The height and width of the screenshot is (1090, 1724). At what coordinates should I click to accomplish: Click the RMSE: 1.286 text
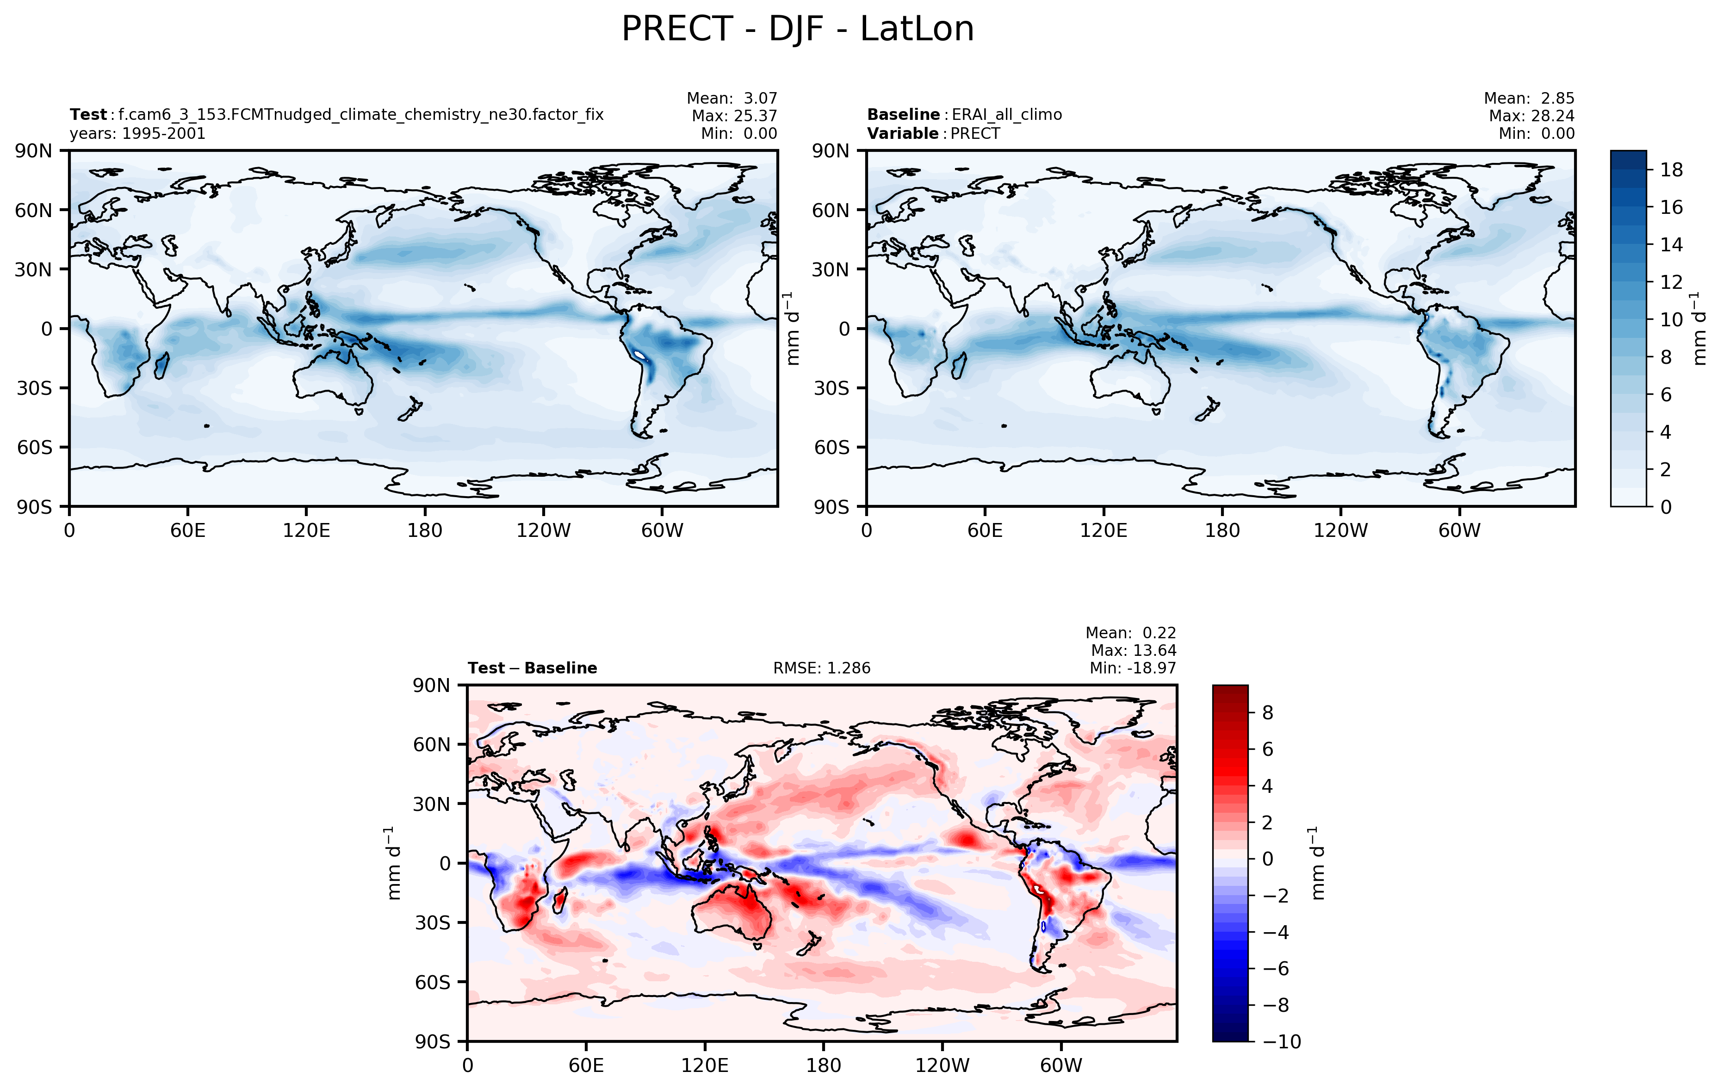click(821, 668)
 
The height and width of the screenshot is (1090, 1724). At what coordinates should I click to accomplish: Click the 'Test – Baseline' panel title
click(532, 668)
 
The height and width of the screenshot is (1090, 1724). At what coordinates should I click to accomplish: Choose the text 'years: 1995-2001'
click(137, 134)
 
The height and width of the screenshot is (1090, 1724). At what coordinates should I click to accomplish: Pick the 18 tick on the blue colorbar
click(1671, 170)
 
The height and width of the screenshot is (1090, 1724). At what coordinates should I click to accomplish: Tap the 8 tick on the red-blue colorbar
click(1267, 713)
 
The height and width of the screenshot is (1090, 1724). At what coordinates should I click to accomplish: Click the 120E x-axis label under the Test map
click(306, 531)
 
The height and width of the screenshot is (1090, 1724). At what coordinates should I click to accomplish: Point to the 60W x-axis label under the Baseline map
click(1459, 531)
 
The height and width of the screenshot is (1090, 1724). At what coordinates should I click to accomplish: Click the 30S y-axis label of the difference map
click(433, 922)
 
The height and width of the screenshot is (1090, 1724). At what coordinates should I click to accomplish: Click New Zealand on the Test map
click(410, 410)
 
